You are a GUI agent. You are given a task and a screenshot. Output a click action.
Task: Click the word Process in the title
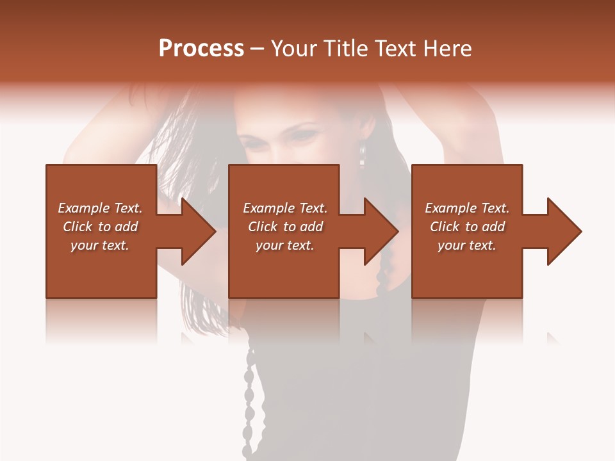coord(201,49)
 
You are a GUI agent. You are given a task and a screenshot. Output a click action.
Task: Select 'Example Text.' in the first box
coord(100,208)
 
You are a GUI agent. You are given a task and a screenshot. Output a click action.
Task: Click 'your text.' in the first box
coord(100,245)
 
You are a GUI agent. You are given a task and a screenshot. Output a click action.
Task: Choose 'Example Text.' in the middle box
coord(285,208)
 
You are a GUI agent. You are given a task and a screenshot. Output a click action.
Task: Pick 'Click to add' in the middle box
coord(285,227)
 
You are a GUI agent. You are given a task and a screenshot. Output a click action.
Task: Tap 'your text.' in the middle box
coord(285,245)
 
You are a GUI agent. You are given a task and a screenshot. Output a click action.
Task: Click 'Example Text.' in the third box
coord(467,208)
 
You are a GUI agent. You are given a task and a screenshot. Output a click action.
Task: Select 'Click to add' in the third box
coord(467,227)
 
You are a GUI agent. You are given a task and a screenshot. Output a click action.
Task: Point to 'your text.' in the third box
coord(467,245)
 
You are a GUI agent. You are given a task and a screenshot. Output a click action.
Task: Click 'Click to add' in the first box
coord(100,227)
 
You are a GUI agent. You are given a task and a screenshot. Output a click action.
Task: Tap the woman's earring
coord(363,154)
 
